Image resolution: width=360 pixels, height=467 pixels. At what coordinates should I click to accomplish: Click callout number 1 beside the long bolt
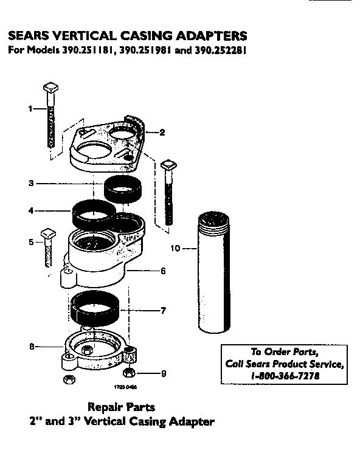click(30, 109)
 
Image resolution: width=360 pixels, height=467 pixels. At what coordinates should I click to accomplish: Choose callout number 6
click(162, 271)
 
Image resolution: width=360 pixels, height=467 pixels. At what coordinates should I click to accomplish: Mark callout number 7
click(162, 311)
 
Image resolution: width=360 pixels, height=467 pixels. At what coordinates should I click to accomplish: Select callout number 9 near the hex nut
click(162, 373)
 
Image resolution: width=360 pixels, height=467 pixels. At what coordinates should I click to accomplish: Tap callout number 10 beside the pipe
click(176, 247)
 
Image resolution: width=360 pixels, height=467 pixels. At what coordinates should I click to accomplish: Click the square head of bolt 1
click(50, 89)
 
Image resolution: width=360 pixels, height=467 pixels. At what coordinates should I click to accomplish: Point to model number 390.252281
click(220, 50)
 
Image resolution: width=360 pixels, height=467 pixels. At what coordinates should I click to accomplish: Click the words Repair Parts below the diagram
click(121, 407)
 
